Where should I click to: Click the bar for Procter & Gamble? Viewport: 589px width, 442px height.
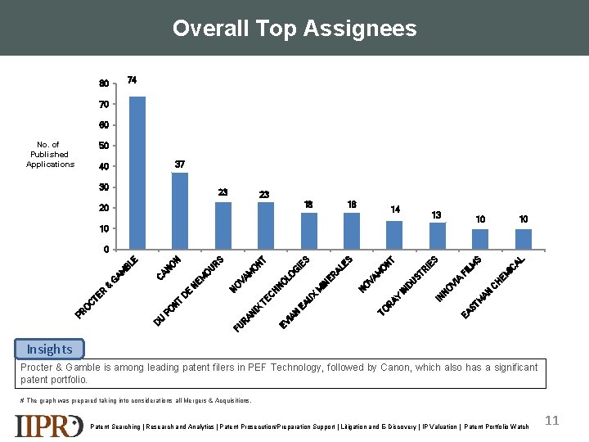137,173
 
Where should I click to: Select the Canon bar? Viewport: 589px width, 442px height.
180,210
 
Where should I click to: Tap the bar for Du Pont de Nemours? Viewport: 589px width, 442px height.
223,225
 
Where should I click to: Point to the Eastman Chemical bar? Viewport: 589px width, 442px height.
524,239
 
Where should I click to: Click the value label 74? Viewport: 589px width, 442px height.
132,80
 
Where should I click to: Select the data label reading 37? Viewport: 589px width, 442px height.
180,165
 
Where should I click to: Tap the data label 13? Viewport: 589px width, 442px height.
437,215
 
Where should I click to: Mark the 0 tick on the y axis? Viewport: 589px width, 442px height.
106,249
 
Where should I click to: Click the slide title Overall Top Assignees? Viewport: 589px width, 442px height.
294,29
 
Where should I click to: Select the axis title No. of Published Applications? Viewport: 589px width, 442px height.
50,155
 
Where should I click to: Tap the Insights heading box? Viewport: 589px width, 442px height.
49,350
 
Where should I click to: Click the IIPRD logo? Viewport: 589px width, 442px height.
49,426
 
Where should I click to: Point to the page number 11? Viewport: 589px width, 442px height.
552,421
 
